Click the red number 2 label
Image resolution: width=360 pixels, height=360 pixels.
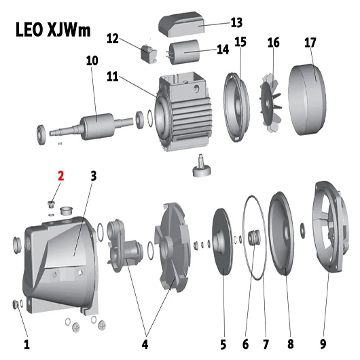point(60,176)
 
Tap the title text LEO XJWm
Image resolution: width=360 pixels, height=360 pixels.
point(53,30)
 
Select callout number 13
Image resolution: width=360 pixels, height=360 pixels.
point(236,22)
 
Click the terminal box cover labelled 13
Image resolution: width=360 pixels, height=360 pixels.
point(181,24)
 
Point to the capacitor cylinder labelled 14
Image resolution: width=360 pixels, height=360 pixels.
point(184,52)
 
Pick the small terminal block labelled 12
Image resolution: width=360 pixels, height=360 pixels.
point(149,54)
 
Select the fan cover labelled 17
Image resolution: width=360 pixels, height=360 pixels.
point(307,100)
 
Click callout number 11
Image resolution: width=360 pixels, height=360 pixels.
point(113,77)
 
